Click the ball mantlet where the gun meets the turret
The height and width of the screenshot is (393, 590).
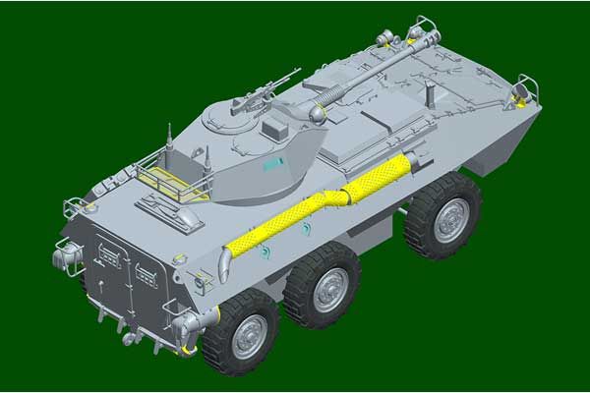tap(317, 114)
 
